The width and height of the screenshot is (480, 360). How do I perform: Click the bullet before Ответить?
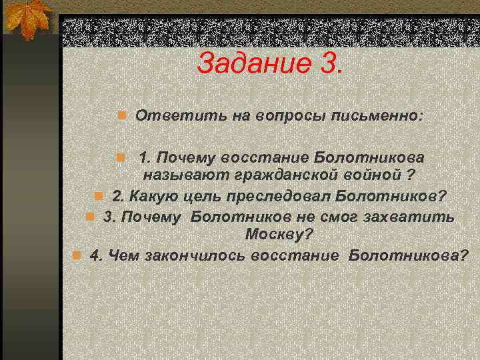[122, 116]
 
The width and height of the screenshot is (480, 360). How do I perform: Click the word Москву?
[275, 235]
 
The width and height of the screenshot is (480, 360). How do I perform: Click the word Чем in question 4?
[120, 256]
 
